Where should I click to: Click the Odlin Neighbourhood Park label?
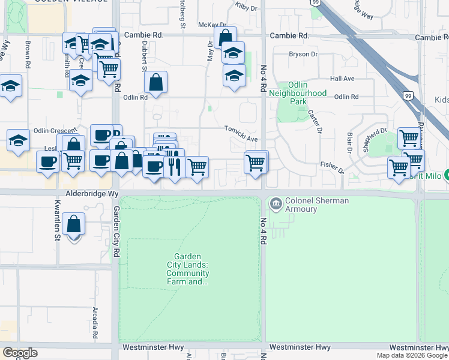(x=298, y=93)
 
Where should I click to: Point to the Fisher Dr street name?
(x=332, y=167)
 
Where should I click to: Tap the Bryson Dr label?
(x=303, y=54)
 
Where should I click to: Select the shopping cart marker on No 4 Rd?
(x=256, y=163)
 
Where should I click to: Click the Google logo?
(x=20, y=353)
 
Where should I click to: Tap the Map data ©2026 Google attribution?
(x=412, y=355)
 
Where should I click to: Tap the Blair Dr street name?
(x=350, y=140)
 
